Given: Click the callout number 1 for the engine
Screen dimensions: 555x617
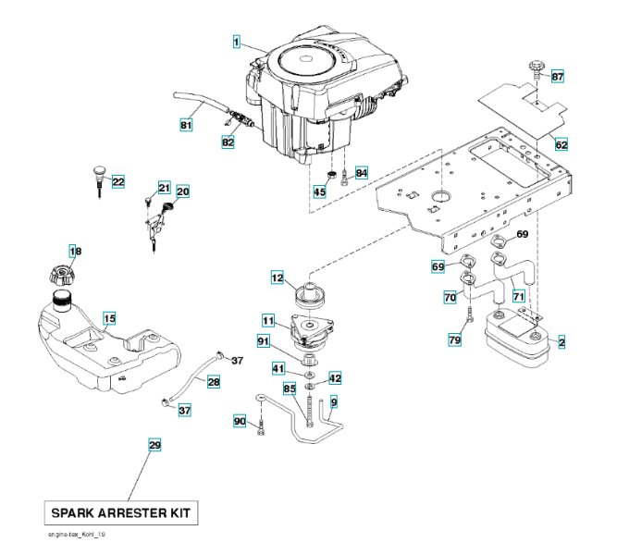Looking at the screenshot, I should [237, 42].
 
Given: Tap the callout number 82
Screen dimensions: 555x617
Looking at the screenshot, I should [228, 142].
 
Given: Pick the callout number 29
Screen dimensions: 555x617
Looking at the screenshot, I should [154, 446].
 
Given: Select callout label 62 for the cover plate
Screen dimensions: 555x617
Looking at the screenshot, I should [561, 145].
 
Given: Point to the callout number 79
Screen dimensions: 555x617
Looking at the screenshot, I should [454, 341].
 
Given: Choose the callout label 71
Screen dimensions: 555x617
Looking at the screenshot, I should [518, 296].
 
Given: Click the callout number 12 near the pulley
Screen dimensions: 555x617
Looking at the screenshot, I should [277, 277].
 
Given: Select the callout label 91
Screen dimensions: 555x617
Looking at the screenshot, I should [265, 342].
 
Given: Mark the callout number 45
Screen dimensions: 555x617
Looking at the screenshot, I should [319, 191].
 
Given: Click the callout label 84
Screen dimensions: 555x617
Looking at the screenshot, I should [361, 173].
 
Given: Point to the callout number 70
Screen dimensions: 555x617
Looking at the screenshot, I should [450, 297].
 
